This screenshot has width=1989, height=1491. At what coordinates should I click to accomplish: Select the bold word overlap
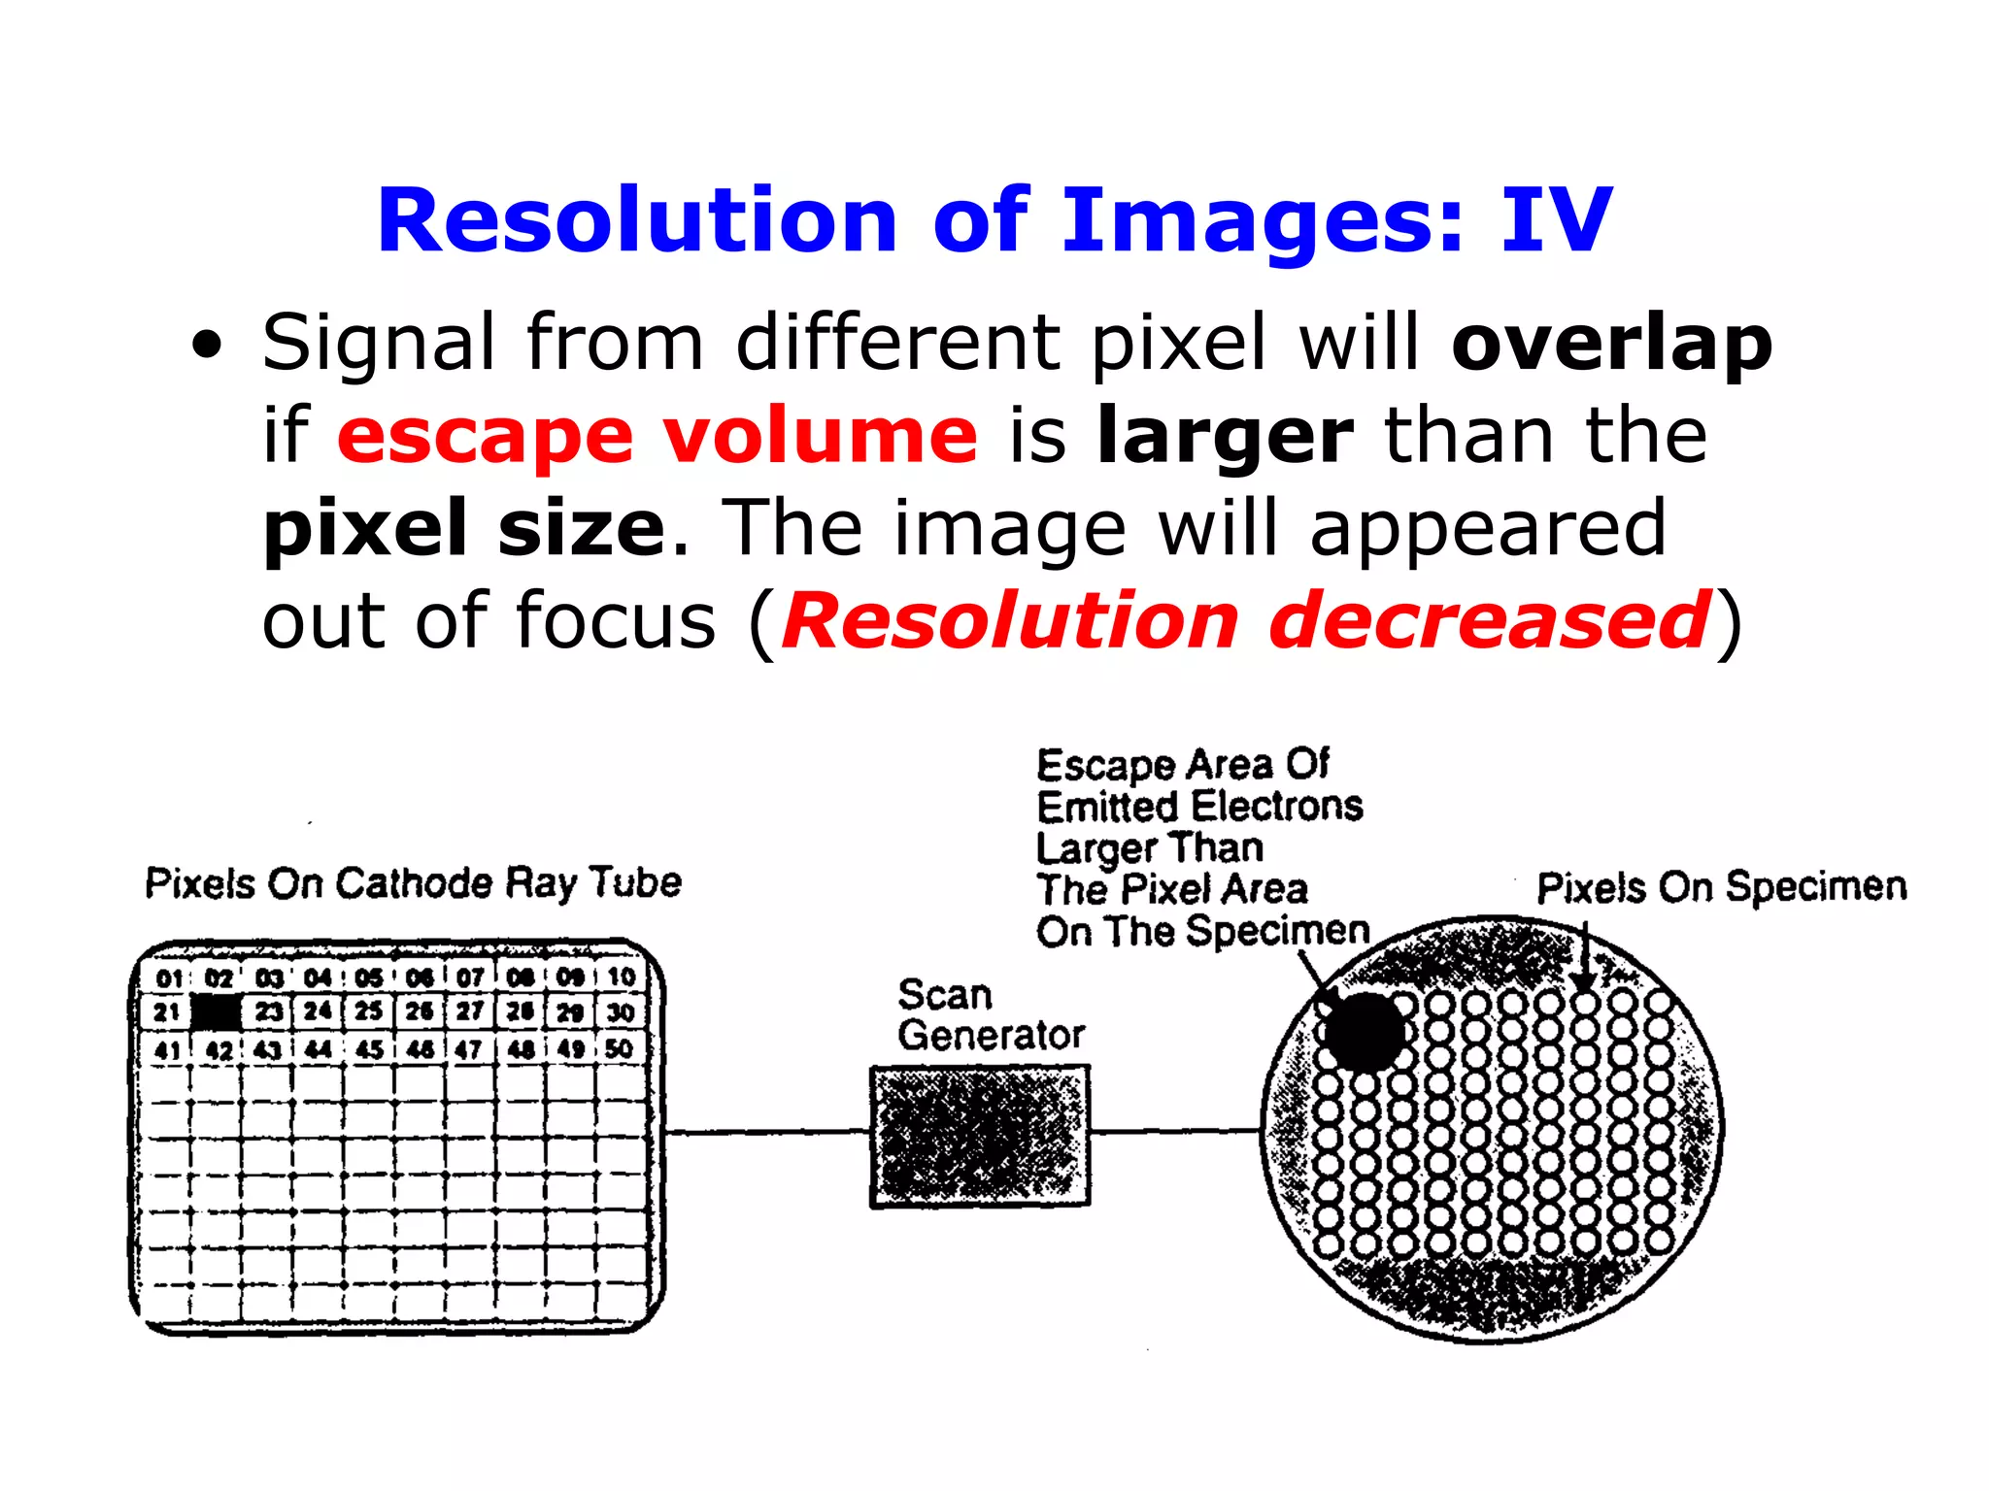point(1612,344)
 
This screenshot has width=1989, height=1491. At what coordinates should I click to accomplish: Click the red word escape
point(486,437)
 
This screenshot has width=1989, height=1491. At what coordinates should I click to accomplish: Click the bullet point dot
point(207,344)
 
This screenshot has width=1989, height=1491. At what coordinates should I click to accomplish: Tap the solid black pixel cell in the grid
point(218,1012)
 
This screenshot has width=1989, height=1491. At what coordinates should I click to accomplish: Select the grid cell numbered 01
point(168,977)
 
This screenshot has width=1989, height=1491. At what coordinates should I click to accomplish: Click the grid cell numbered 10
point(621,977)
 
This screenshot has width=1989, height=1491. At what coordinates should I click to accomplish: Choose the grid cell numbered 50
point(619,1049)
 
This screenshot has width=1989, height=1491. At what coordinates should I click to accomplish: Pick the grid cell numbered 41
point(167,1050)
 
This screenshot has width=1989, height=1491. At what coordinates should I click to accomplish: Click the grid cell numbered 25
point(368,1011)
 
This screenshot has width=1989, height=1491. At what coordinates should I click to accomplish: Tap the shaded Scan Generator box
point(979,1136)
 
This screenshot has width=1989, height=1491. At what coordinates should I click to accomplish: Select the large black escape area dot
point(1364,1031)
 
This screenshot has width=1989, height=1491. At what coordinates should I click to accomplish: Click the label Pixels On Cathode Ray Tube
point(413,883)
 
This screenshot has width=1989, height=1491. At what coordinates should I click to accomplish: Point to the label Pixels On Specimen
point(1721,886)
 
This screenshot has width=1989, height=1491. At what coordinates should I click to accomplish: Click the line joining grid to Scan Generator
point(767,1132)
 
